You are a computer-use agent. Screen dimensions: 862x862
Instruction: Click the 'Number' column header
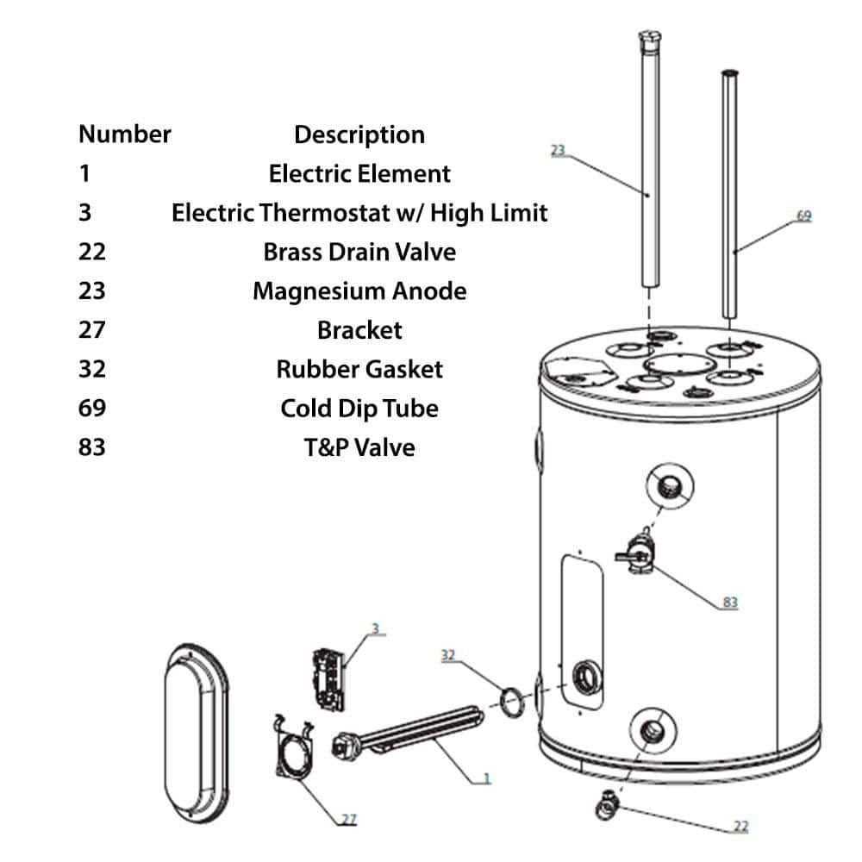click(x=124, y=134)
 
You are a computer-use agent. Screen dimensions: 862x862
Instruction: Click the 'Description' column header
click(x=359, y=134)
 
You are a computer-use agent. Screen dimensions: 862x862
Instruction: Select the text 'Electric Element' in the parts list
click(x=359, y=173)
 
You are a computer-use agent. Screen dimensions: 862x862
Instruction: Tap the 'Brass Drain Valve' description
click(x=359, y=252)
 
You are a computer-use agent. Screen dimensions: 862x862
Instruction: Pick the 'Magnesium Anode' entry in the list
click(x=359, y=290)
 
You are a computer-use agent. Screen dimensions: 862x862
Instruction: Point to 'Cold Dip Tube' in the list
click(x=359, y=408)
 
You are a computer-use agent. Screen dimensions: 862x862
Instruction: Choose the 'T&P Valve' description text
click(x=359, y=447)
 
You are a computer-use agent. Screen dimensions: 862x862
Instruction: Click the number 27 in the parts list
click(x=91, y=330)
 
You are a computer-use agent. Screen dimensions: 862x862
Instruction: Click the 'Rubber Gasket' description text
click(x=359, y=369)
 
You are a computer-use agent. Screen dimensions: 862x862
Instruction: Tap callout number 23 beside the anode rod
click(x=558, y=151)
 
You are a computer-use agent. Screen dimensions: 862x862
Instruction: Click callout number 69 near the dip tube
click(x=803, y=215)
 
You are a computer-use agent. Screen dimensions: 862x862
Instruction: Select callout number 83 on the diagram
click(x=730, y=603)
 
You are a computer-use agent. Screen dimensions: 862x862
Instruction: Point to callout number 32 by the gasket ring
click(x=448, y=655)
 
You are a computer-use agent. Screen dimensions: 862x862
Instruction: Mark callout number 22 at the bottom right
click(x=740, y=827)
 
